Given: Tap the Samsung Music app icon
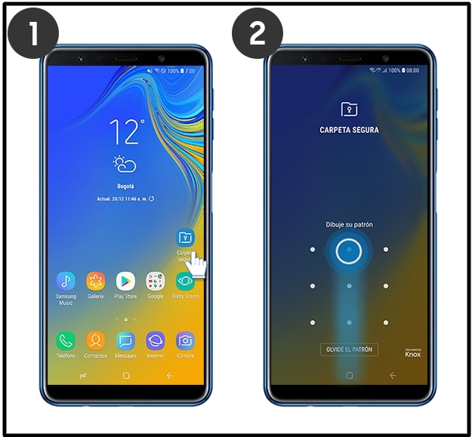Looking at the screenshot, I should pos(66,282).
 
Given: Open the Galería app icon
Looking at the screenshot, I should pos(95,282).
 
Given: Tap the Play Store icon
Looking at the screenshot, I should pos(125,282).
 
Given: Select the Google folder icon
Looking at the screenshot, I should pos(156,282).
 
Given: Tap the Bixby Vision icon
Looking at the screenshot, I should pos(185,282).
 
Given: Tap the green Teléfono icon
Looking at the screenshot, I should pos(66,340).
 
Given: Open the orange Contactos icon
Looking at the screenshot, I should pos(95,340).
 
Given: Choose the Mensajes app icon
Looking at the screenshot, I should pos(125,340).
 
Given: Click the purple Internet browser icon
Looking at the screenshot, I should pos(156,340).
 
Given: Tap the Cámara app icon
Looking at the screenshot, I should pos(185,340).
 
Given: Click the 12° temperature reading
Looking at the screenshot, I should pos(126,132).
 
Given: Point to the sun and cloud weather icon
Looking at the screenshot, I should pos(125,165).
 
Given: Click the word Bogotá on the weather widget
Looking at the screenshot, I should pos(125,186).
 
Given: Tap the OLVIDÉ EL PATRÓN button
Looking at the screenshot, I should pos(349,349).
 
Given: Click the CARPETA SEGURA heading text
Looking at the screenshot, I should pos(349,130).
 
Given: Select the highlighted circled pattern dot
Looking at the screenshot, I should pos(349,250).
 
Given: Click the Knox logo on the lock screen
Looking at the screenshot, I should pos(412,352).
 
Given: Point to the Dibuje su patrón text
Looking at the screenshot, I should pos(349,224).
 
